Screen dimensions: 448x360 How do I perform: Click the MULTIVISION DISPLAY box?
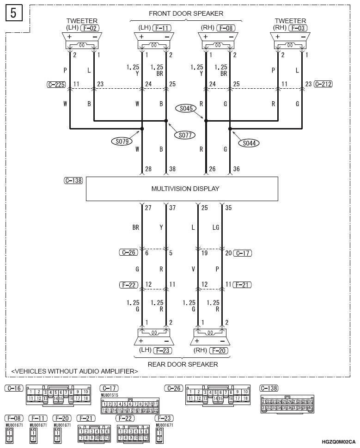[x=182, y=189]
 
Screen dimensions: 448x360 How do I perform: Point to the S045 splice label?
[x=188, y=108]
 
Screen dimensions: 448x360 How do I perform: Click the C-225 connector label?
[x=55, y=85]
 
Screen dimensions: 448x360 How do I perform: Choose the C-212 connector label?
[x=323, y=84]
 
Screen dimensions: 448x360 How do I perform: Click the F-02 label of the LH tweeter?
[x=89, y=28]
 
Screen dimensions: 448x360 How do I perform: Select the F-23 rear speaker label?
[x=163, y=350]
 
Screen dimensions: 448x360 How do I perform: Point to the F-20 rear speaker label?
[x=220, y=350]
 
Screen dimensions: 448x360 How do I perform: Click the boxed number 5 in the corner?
[x=13, y=13]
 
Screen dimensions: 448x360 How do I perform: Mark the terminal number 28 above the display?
[x=148, y=169]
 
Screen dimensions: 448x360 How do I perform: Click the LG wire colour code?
[x=228, y=228]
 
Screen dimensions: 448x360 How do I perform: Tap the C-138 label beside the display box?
[x=73, y=181]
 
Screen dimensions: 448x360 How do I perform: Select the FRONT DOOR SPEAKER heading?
[x=186, y=13]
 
